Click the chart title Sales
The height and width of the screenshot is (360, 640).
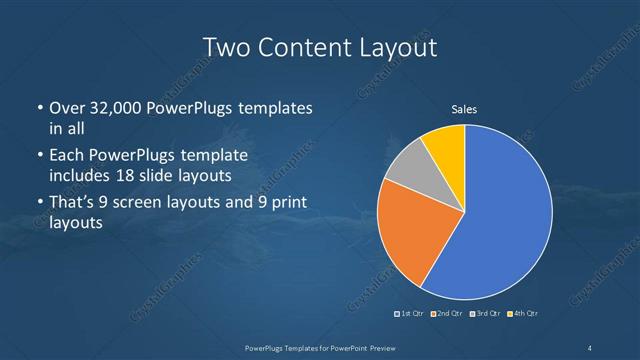pyautogui.click(x=464, y=110)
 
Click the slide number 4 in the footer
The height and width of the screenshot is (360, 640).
pyautogui.click(x=590, y=347)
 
